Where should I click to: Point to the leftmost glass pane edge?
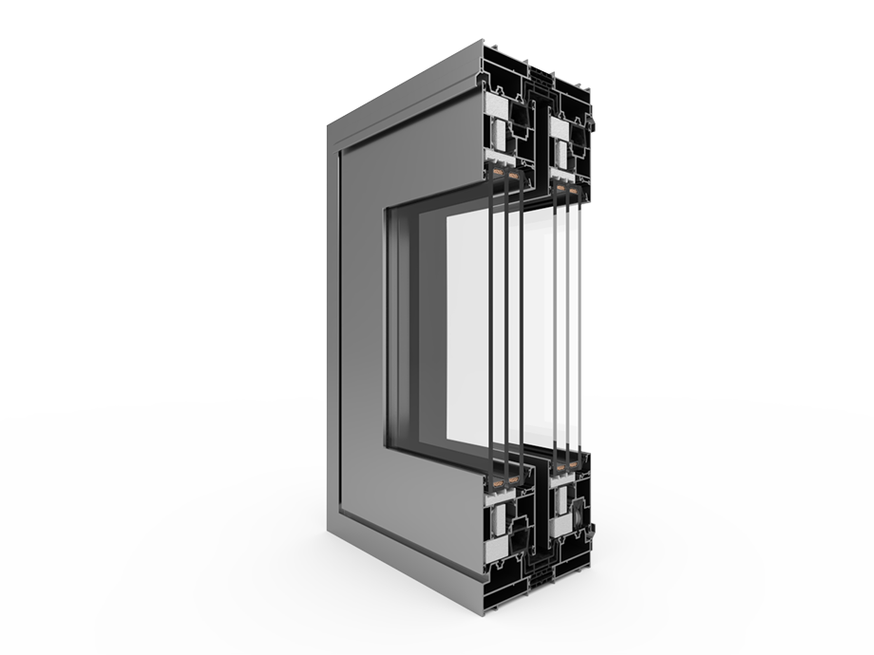coord(491,323)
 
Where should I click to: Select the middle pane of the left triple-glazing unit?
coord(505,323)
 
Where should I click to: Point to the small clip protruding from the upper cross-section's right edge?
coord(592,123)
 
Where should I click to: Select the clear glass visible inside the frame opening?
coord(465,323)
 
